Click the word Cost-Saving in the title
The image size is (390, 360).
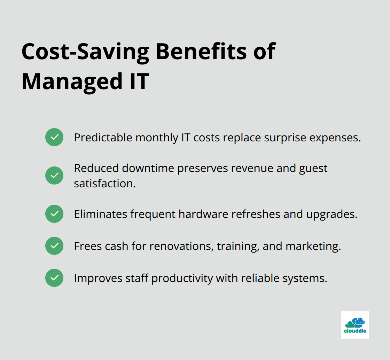[x=85, y=52]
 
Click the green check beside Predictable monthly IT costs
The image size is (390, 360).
[x=54, y=137]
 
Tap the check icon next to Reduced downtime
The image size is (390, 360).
[x=54, y=175]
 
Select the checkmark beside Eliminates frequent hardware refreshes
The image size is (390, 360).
[x=54, y=214]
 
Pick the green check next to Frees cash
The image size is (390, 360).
[x=54, y=246]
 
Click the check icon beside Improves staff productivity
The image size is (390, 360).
[x=54, y=278]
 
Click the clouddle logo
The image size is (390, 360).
[x=355, y=325]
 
